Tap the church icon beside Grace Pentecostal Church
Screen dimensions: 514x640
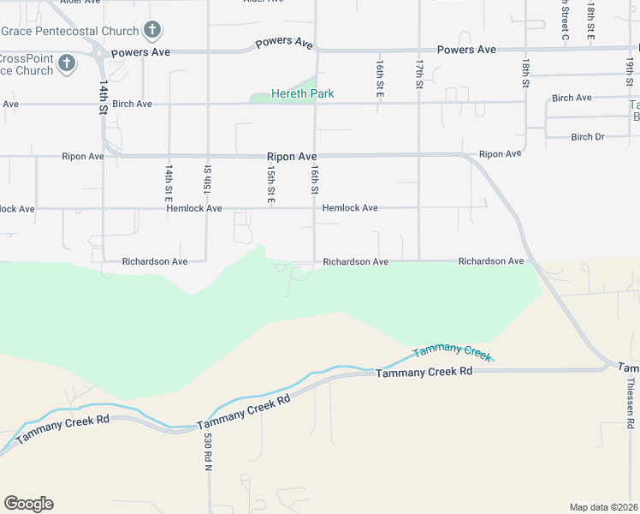tap(151, 31)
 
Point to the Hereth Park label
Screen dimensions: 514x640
tap(302, 93)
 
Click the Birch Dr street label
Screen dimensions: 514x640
tap(587, 137)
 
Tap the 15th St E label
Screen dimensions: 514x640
tap(270, 185)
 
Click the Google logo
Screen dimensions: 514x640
tap(28, 504)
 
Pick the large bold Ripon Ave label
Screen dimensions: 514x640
tap(292, 157)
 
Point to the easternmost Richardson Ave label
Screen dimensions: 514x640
tap(490, 260)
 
